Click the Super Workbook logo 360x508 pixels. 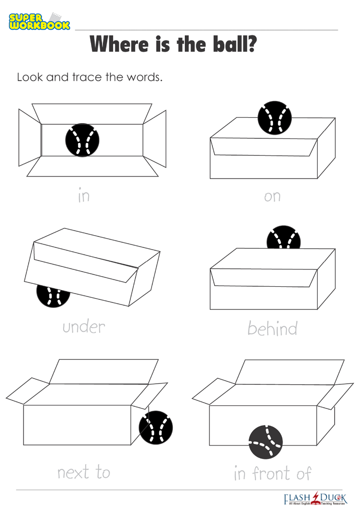pos(39,21)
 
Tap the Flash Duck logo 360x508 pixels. pos(315,499)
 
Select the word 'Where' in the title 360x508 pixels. pos(119,44)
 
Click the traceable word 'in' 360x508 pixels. pos(84,196)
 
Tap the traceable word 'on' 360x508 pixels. pos(272,197)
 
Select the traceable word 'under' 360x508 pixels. pos(84,327)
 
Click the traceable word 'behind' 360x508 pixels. pos(272,328)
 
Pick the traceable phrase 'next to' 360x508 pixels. pos(84,472)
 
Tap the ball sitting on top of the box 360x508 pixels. pos(275,117)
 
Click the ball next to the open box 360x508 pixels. pos(156,428)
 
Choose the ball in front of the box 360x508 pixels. pos(266,442)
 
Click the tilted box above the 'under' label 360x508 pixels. pos(92,267)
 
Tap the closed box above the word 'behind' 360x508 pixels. pos(272,279)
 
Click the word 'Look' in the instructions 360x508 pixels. pos(30,77)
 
